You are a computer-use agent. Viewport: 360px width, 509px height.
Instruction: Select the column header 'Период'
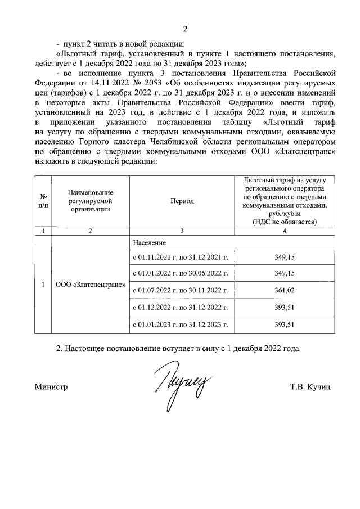pyautogui.click(x=182, y=201)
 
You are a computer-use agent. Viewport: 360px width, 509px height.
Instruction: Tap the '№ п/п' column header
pyautogui.click(x=43, y=201)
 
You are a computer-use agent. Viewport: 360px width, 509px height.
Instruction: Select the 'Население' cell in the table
pyautogui.click(x=150, y=242)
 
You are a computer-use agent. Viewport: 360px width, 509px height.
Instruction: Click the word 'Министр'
pyautogui.click(x=51, y=388)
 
